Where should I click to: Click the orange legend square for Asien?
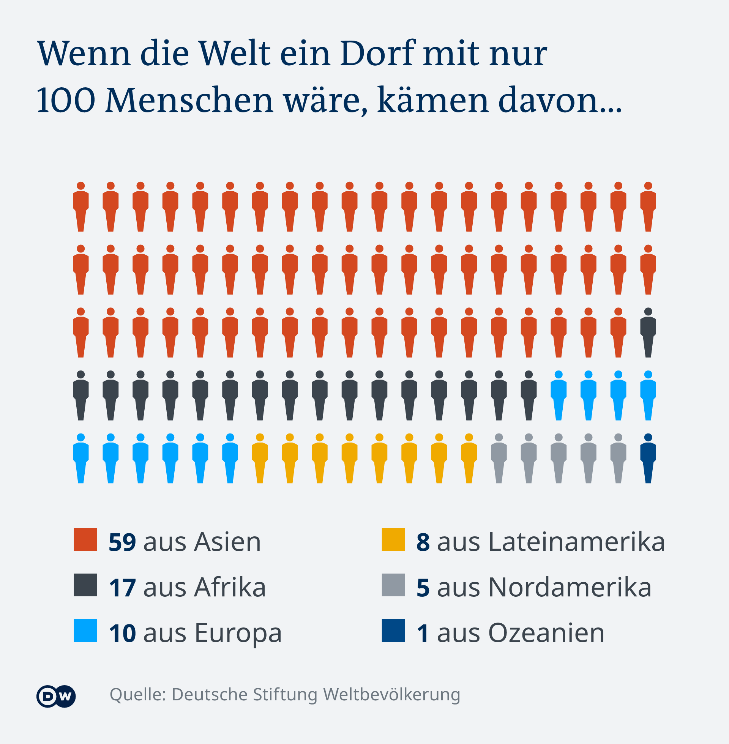pos(85,539)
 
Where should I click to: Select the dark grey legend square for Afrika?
pos(85,585)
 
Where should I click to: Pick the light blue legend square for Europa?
pos(85,631)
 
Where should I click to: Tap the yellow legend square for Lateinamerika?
pos(393,539)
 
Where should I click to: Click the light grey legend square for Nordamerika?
pos(393,585)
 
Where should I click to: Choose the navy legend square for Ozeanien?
pos(393,631)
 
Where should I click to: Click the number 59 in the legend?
pos(122,542)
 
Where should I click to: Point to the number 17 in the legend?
pos(122,588)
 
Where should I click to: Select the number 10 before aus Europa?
pos(122,633)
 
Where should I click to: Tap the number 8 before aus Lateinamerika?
pos(423,542)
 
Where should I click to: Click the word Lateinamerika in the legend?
pos(577,542)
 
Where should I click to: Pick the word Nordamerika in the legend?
pos(570,588)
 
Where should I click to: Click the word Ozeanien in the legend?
pos(546,633)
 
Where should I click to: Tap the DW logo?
pos(56,696)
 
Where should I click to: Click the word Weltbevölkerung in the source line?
pos(391,694)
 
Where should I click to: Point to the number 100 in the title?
pos(65,100)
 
